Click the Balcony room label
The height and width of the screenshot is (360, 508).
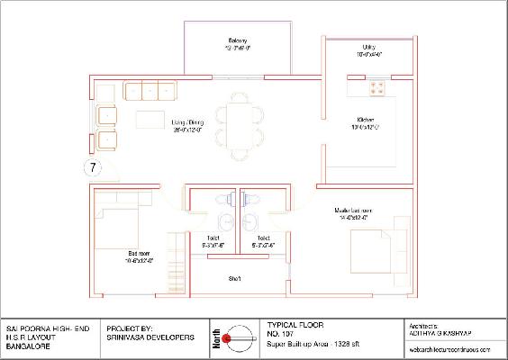(238, 41)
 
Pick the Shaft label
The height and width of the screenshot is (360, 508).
(234, 278)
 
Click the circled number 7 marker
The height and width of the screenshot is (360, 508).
(93, 166)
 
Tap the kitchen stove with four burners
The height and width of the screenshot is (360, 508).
(376, 87)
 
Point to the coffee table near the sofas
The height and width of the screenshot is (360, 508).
(150, 120)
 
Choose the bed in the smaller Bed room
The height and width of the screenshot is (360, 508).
(117, 231)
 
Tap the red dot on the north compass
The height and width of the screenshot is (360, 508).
(229, 337)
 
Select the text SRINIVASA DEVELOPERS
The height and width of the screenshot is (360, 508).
(150, 337)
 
